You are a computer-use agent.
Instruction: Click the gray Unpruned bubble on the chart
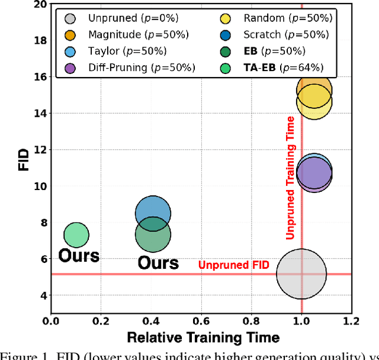tap(301, 274)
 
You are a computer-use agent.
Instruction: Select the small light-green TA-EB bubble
tap(76, 235)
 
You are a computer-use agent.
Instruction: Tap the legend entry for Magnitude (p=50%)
tap(122, 35)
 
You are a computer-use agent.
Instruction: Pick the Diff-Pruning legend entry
tap(127, 67)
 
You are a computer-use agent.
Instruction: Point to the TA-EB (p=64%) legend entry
tap(277, 67)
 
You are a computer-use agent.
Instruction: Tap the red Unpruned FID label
tap(233, 265)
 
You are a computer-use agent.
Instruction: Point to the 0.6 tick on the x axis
tap(201, 322)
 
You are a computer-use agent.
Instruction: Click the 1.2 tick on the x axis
tap(352, 322)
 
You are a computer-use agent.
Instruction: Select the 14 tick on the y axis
tap(40, 113)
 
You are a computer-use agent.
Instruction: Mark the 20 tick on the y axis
tap(40, 4)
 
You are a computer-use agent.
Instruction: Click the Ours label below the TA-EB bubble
tap(79, 256)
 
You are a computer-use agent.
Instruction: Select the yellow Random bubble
tap(314, 101)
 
